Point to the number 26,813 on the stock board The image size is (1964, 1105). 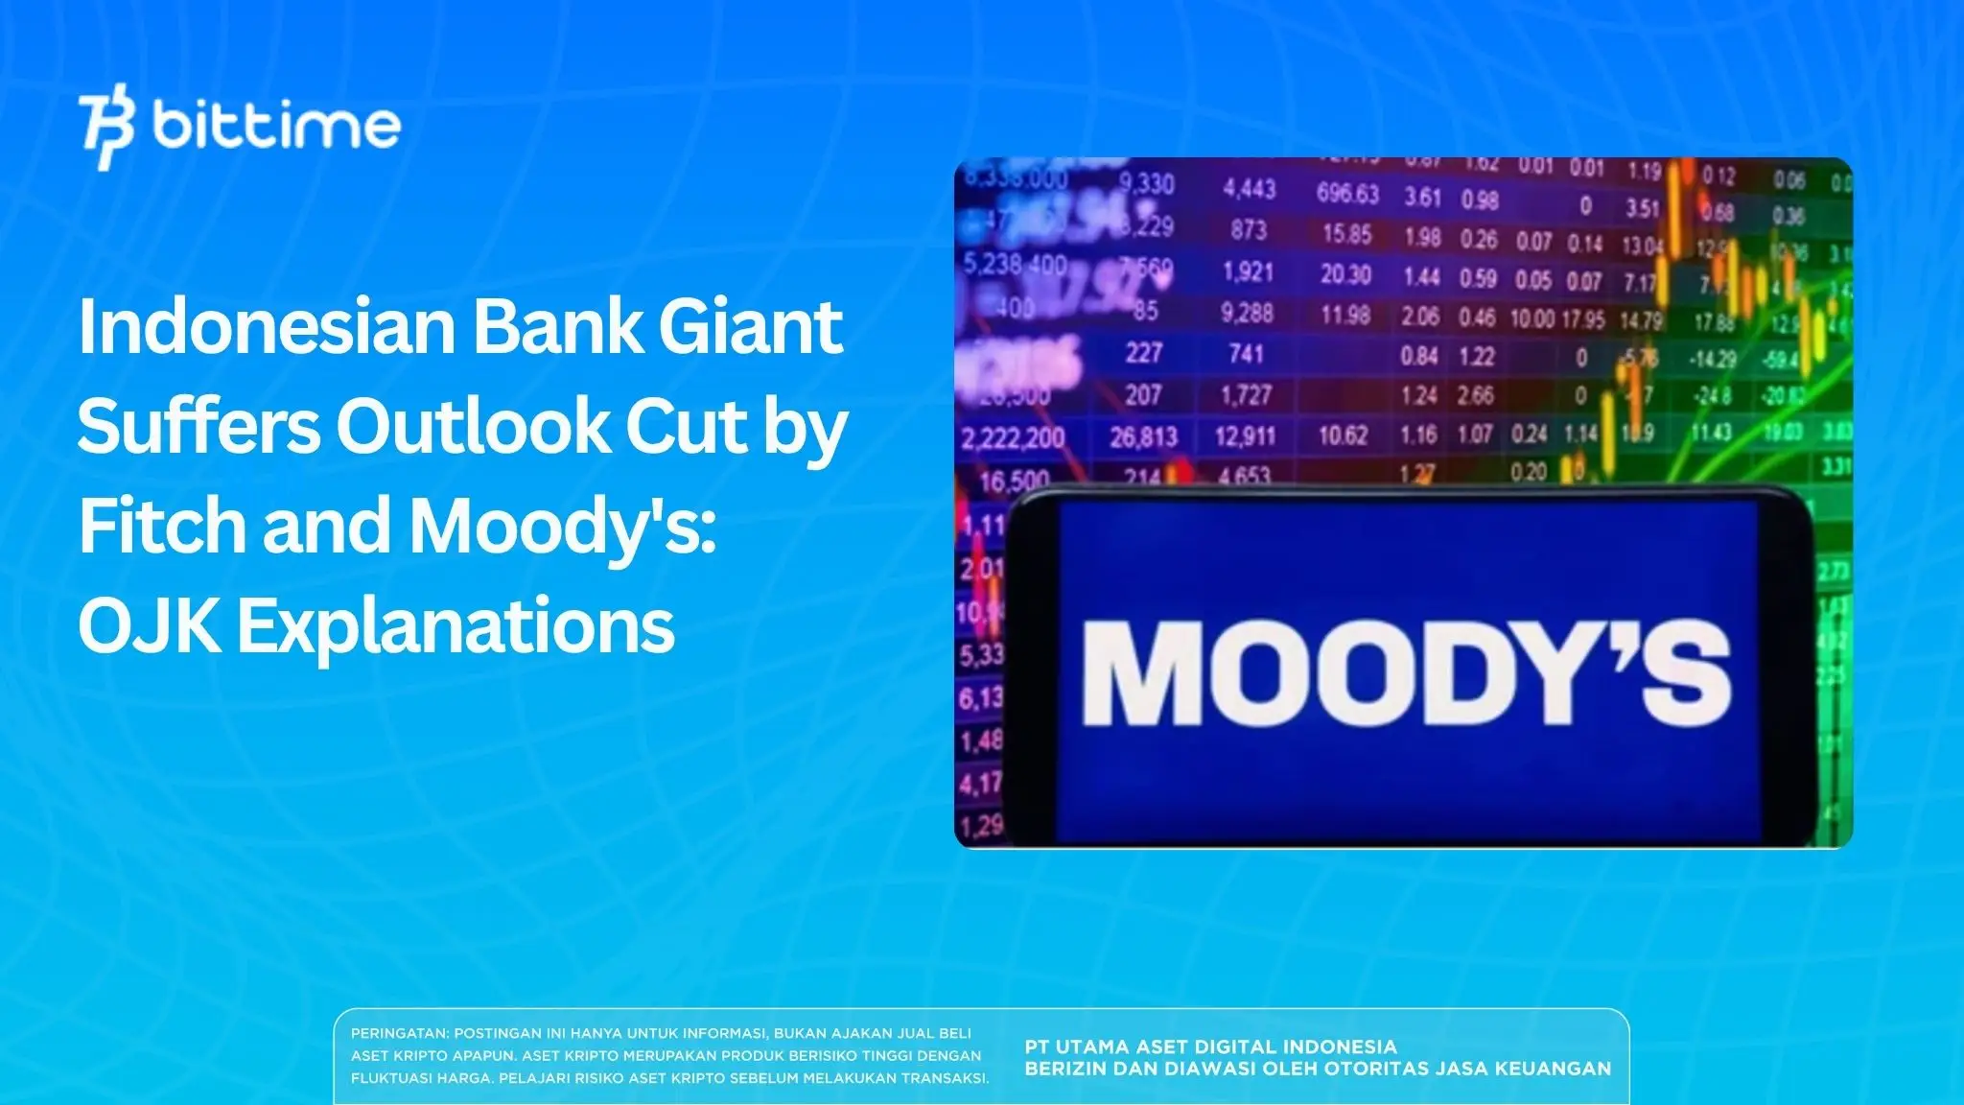1143,437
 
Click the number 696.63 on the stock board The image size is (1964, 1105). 1347,194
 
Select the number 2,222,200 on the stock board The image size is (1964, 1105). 1013,439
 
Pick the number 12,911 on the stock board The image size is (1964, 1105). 1246,436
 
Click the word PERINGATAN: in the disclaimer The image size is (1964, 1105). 399,1034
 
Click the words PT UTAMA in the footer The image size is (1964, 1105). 1078,1046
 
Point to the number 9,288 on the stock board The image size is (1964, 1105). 1247,313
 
